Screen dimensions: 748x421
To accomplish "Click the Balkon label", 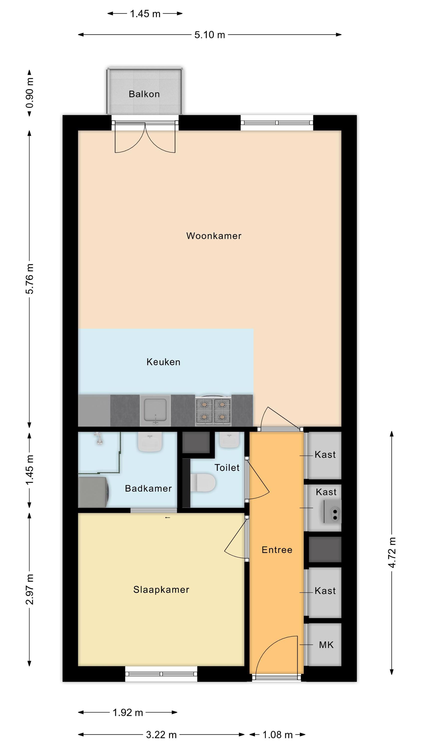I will (144, 94).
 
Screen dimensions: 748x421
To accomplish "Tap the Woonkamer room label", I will (213, 236).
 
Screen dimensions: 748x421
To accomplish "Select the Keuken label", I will (163, 362).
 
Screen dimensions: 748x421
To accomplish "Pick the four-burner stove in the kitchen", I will (213, 410).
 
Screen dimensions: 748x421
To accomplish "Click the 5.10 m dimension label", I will (210, 35).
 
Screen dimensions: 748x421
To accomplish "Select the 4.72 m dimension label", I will (392, 552).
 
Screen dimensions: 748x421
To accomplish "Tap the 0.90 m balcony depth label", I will (30, 93).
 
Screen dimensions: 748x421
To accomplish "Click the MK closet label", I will (326, 645).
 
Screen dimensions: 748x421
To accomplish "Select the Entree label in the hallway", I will (277, 550).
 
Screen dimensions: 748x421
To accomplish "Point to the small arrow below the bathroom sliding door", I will (167, 517).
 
